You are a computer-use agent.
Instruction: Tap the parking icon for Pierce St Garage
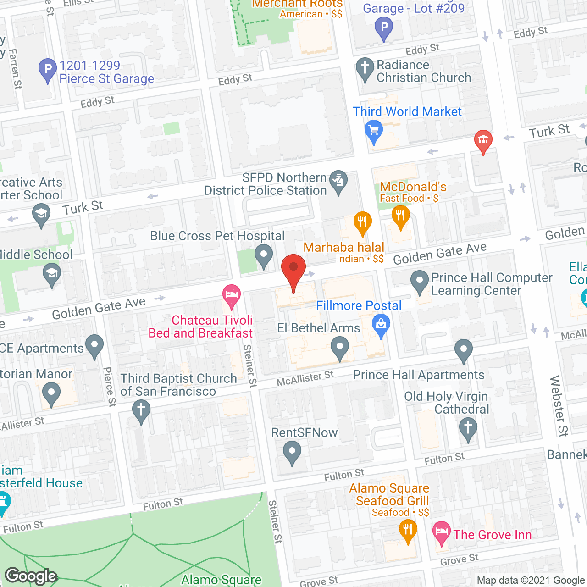tap(48, 70)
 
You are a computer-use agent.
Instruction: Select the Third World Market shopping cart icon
tap(374, 130)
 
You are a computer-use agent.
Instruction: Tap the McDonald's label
tap(413, 187)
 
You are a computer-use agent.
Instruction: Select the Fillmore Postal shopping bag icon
tap(381, 324)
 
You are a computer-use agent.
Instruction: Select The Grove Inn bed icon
tap(441, 532)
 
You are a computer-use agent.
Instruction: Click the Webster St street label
tap(559, 406)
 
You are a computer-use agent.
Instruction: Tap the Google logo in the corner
tap(31, 576)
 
